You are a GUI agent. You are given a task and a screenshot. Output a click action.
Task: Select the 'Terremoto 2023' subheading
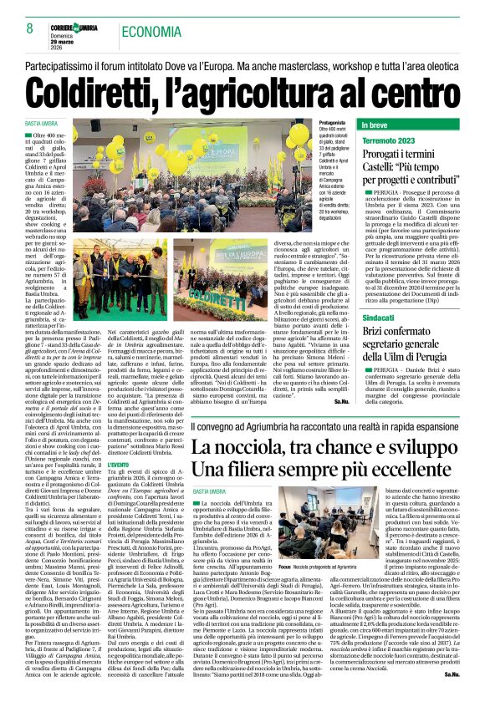(x=388, y=141)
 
